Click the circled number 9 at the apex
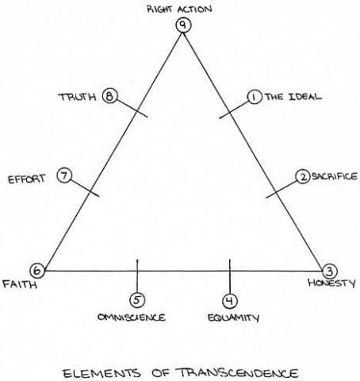(183, 25)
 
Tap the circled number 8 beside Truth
(109, 96)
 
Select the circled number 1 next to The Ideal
(255, 97)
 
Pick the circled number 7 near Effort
(64, 175)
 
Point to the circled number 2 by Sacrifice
(303, 177)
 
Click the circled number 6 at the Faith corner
(37, 271)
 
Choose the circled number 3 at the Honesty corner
(330, 271)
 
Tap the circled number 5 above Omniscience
(137, 300)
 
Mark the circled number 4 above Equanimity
(230, 301)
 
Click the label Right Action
(179, 9)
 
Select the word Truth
(77, 97)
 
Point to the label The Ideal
(293, 97)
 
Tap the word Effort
(26, 179)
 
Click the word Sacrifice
(335, 176)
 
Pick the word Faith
(20, 284)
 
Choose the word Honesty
(331, 283)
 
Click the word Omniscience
(132, 317)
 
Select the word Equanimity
(233, 317)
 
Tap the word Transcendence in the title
(238, 373)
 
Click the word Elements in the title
(101, 373)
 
